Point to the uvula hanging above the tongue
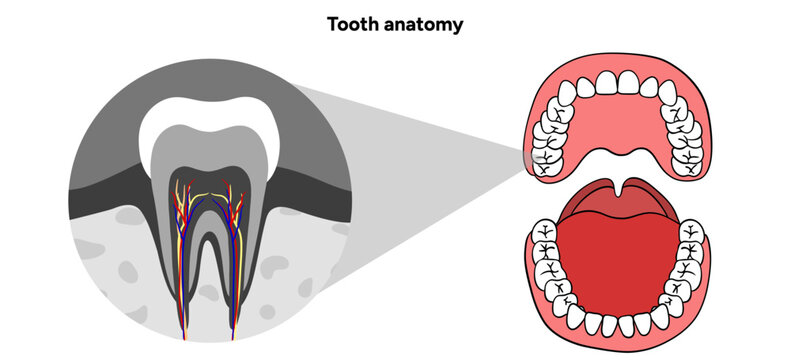622,186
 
